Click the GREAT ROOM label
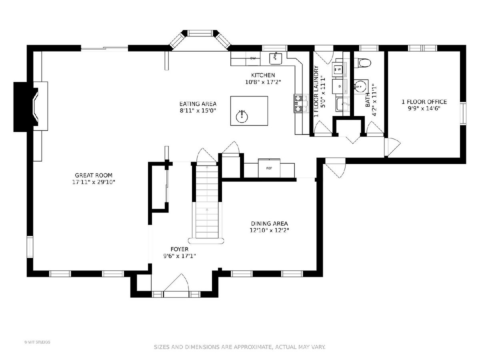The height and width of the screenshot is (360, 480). pyautogui.click(x=94, y=175)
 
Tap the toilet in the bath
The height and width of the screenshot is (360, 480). pyautogui.click(x=362, y=63)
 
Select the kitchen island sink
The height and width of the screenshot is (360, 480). pyautogui.click(x=242, y=117)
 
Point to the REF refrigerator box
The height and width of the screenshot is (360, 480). pyautogui.click(x=269, y=168)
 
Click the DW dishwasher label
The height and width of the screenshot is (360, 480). pyautogui.click(x=253, y=58)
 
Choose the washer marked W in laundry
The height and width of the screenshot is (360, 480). pyautogui.click(x=338, y=70)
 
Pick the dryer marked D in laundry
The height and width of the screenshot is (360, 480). pyautogui.click(x=339, y=86)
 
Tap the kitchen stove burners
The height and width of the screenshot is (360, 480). pyautogui.click(x=301, y=103)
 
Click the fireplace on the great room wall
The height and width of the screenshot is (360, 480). pyautogui.click(x=31, y=107)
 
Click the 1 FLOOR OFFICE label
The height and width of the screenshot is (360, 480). pyautogui.click(x=424, y=102)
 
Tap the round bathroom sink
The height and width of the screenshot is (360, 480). pyautogui.click(x=360, y=86)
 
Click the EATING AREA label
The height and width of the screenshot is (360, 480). pyautogui.click(x=198, y=104)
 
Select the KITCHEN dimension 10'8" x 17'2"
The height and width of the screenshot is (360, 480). pyautogui.click(x=263, y=82)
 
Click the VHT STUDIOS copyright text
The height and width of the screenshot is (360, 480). pyautogui.click(x=37, y=342)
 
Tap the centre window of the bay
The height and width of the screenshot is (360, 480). pyautogui.click(x=200, y=33)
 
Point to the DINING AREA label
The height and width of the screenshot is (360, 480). pyautogui.click(x=270, y=224)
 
